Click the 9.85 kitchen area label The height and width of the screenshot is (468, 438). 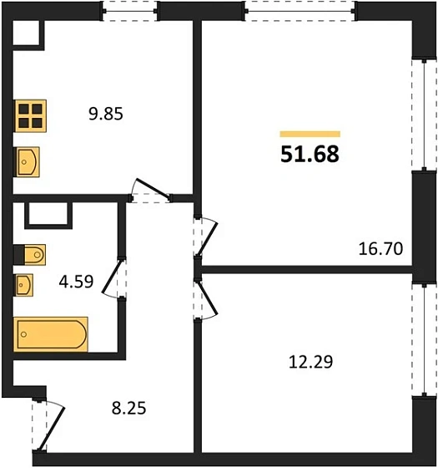click(x=106, y=114)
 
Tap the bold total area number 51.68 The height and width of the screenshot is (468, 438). click(x=310, y=155)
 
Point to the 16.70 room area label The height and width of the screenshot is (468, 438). click(x=380, y=249)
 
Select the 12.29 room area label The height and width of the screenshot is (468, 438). click(x=310, y=362)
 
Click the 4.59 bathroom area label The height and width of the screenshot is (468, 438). click(x=76, y=282)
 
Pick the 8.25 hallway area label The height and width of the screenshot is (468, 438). click(x=129, y=409)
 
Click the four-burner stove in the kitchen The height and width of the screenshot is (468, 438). click(x=31, y=116)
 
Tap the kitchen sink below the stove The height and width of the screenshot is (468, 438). click(x=27, y=162)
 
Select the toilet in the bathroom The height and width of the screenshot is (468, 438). click(x=30, y=255)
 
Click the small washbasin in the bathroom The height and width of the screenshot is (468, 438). click(x=23, y=285)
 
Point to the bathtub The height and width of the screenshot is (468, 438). click(x=51, y=334)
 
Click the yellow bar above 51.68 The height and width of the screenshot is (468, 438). click(x=310, y=134)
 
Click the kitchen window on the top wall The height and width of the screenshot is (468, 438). click(x=130, y=11)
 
